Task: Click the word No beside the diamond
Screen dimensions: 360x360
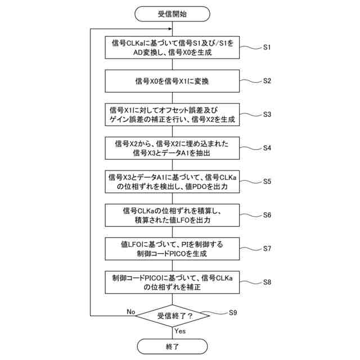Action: point(131,311)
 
